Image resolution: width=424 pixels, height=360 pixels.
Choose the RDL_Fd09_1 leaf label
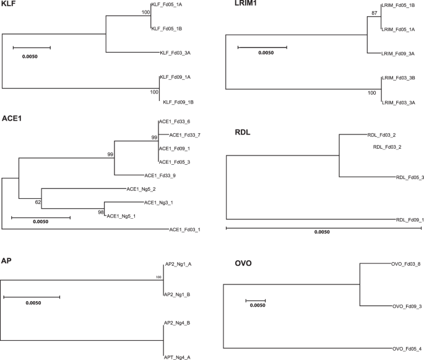(410, 219)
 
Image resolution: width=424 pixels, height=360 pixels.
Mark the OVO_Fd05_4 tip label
(407, 348)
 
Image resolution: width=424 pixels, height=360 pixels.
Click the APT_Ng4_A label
(177, 349)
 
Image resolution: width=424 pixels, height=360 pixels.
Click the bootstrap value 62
(37, 202)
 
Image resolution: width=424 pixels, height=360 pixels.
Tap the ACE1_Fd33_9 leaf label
(160, 176)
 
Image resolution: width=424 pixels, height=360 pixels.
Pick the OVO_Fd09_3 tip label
(407, 306)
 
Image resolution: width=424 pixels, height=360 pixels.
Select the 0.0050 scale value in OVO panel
(257, 305)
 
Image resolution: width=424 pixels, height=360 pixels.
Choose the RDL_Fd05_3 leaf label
(410, 178)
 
